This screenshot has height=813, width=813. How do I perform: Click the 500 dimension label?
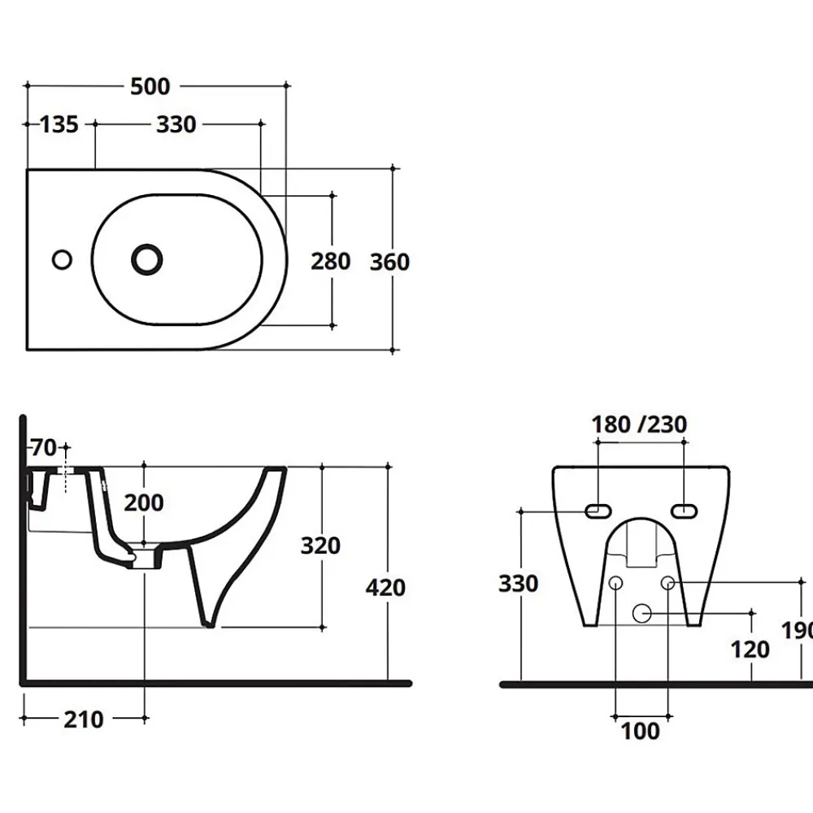click(150, 87)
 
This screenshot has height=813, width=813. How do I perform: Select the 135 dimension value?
click(59, 124)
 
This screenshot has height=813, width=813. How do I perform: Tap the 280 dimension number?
click(331, 261)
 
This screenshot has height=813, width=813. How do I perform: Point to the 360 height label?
click(390, 263)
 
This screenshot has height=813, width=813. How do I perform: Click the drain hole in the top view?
click(146, 259)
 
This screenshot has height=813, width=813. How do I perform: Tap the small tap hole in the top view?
click(63, 259)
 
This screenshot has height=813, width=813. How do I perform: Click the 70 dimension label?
click(44, 447)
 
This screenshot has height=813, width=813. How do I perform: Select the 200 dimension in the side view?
click(144, 502)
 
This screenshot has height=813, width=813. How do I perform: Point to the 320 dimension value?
click(320, 546)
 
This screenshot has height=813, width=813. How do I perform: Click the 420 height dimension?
click(385, 588)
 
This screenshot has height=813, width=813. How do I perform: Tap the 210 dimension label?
click(84, 720)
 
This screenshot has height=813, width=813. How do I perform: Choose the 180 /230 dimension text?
click(639, 424)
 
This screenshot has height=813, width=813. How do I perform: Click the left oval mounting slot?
click(598, 511)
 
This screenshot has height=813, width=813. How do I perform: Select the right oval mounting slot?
click(684, 511)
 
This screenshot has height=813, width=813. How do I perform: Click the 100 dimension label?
click(641, 731)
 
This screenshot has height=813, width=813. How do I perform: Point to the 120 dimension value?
click(750, 649)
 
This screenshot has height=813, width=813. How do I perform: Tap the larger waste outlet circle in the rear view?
click(642, 613)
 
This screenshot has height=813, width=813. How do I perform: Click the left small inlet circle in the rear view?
click(615, 583)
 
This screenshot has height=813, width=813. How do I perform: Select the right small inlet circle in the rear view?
click(667, 583)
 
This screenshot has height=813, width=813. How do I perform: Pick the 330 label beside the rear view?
click(519, 584)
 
